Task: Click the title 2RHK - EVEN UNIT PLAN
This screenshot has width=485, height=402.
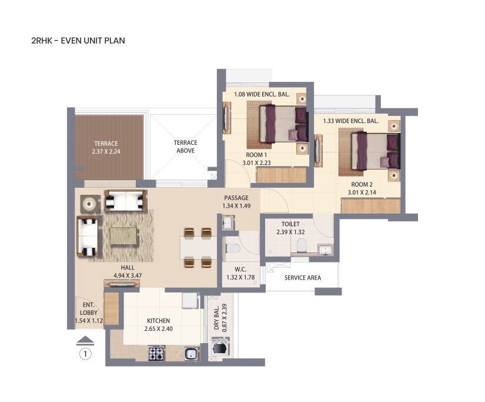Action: [78, 41]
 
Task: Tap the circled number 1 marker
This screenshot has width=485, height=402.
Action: [86, 354]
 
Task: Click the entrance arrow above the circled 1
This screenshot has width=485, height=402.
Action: [86, 340]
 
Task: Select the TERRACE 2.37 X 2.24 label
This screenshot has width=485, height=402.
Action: [106, 147]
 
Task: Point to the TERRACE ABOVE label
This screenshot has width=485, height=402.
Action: [185, 147]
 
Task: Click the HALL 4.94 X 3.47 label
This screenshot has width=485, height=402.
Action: [124, 271]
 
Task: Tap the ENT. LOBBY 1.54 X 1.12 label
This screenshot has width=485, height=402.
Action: [89, 313]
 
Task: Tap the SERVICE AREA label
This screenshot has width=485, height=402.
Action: [302, 278]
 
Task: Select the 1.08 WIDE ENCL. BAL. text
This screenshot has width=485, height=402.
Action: [262, 94]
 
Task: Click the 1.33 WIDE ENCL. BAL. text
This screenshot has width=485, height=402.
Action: [350, 121]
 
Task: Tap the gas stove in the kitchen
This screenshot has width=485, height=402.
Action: [156, 353]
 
